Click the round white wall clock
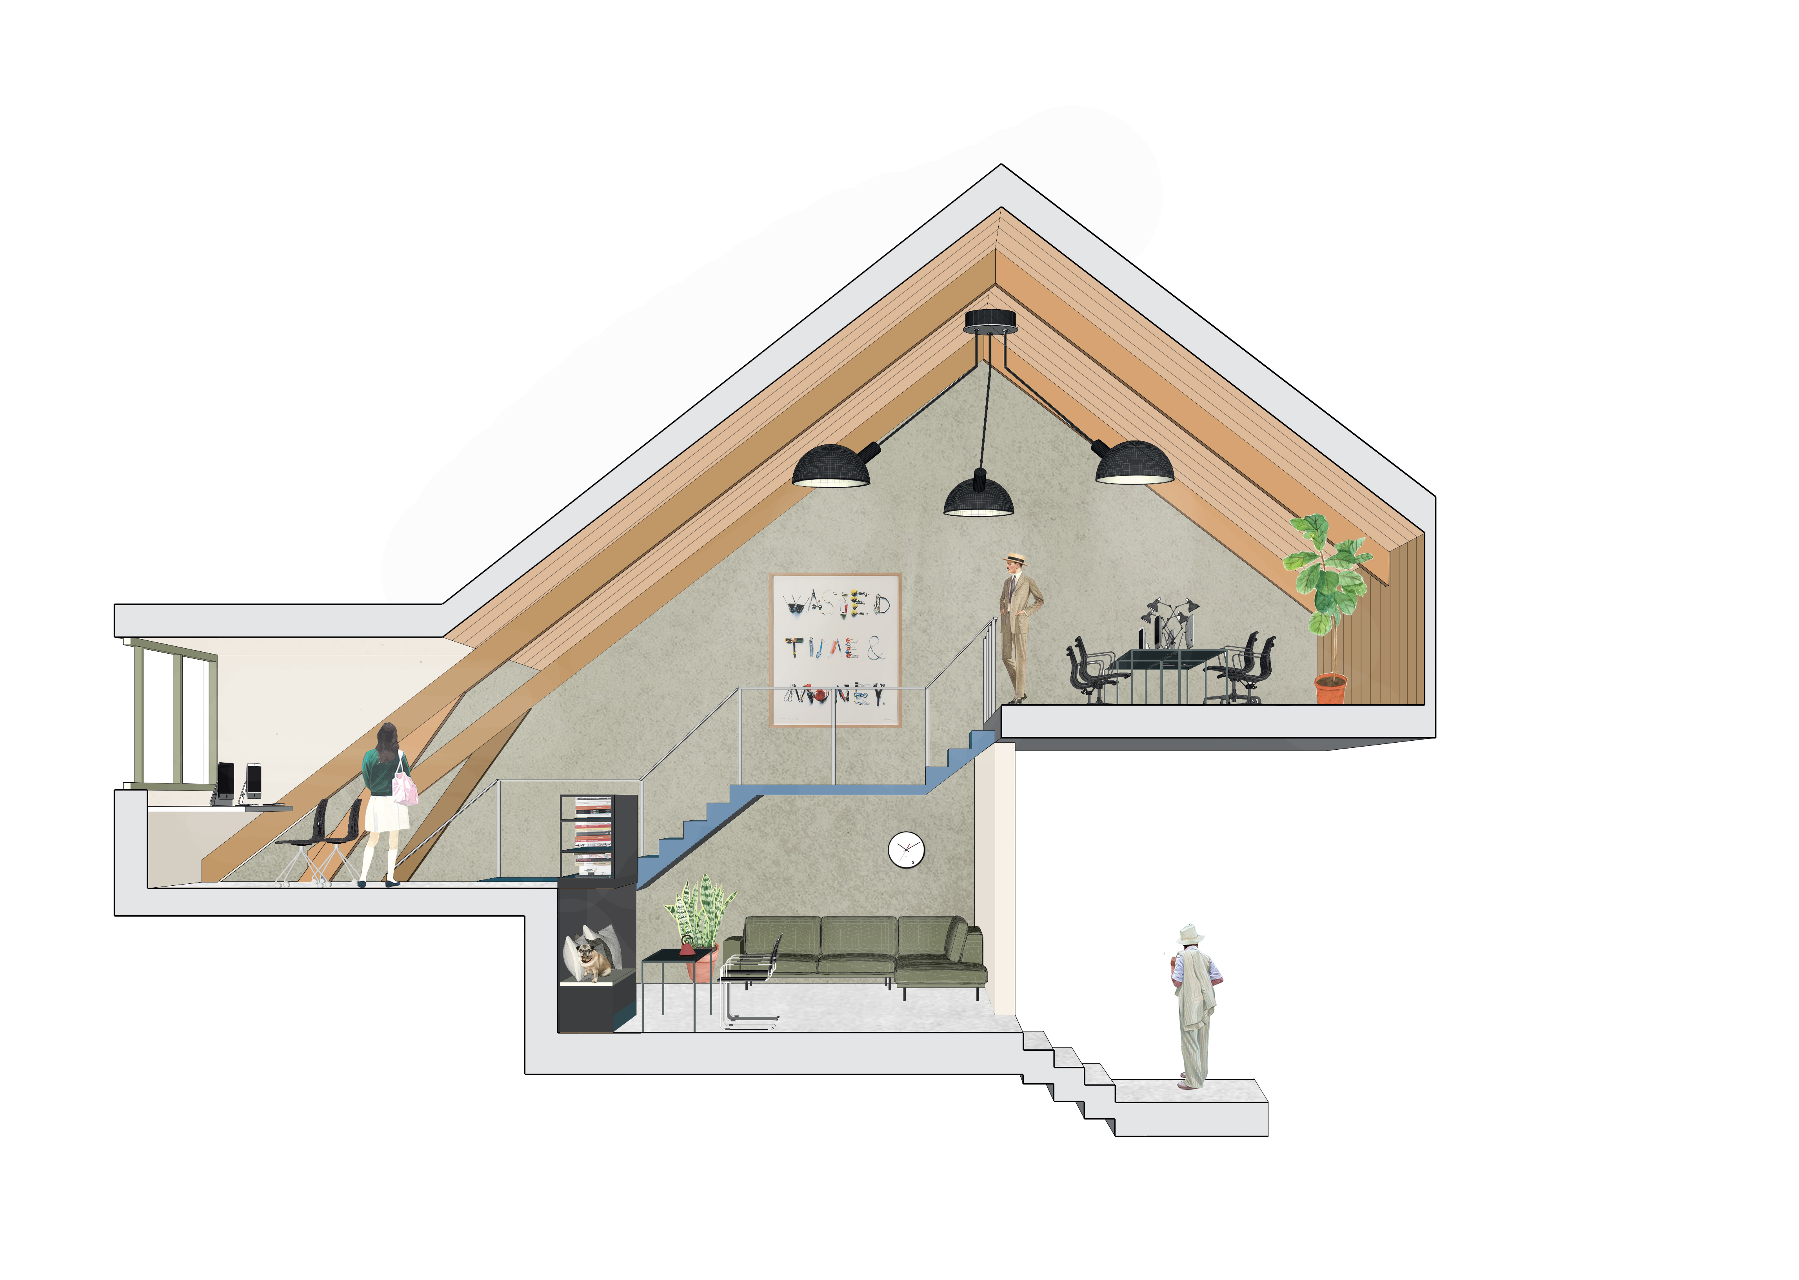906,850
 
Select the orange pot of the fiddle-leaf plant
1331,687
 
